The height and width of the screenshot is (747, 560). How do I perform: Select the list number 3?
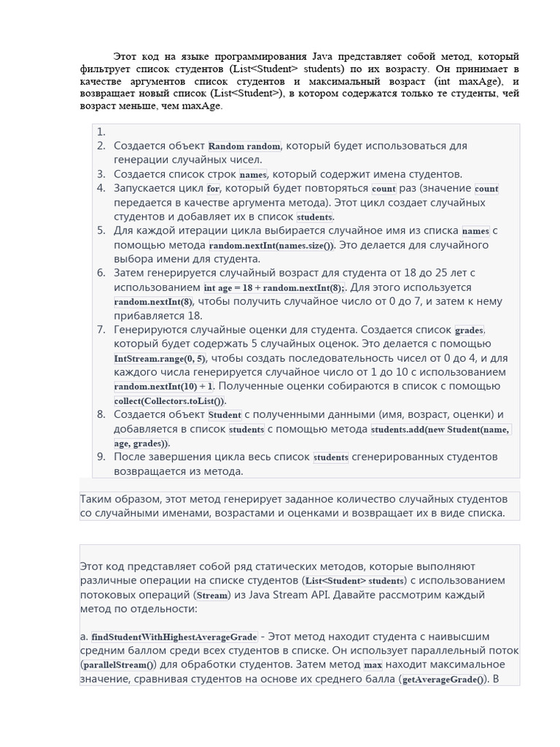click(x=101, y=174)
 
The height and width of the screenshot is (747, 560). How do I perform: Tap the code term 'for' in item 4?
click(x=213, y=189)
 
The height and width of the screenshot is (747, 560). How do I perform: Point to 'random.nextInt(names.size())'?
click(x=271, y=246)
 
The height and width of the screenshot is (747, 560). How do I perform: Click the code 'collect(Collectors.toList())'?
click(x=170, y=401)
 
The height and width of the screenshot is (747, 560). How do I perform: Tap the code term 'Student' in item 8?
click(x=225, y=415)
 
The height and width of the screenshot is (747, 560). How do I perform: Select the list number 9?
click(x=101, y=457)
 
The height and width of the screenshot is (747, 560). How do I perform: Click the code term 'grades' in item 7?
click(x=469, y=330)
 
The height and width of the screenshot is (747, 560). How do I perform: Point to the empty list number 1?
click(x=101, y=132)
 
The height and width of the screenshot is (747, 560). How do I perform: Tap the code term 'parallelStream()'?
click(x=118, y=665)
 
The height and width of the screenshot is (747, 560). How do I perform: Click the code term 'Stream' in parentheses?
click(x=213, y=595)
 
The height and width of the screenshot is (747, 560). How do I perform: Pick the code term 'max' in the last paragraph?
click(x=373, y=665)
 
